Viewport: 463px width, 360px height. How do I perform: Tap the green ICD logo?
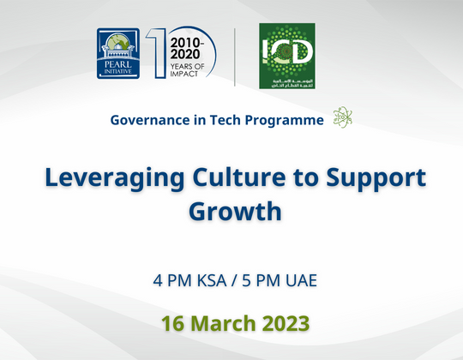287,57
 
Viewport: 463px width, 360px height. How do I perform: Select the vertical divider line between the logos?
235,57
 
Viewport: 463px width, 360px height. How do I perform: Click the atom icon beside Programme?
342,119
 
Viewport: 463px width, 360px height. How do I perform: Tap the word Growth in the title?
231,210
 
